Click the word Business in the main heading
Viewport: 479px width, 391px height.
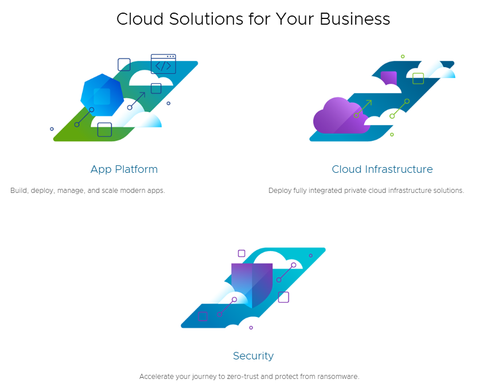coord(355,19)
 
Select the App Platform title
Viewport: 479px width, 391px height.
coord(124,169)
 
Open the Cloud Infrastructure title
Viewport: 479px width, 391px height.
coord(382,169)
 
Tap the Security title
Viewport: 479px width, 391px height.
coord(253,356)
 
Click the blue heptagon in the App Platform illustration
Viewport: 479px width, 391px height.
coord(102,95)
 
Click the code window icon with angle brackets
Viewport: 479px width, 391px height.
coord(163,64)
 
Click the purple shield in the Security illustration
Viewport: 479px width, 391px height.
coord(251,284)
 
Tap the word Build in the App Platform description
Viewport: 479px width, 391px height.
coord(19,191)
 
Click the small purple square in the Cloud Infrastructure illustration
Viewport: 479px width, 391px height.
coord(389,79)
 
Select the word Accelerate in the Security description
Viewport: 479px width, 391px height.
coord(155,377)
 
